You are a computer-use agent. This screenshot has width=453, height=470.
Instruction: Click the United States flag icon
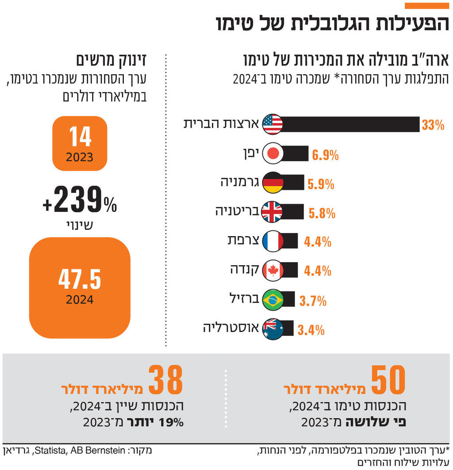(273, 124)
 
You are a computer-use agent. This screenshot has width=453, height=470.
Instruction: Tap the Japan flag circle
(273, 153)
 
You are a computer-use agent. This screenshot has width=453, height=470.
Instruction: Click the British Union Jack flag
(273, 212)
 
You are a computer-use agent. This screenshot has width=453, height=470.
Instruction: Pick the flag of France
(273, 241)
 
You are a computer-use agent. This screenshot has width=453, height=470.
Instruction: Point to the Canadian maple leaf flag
(273, 270)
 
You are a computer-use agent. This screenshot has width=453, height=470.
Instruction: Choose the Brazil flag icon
(273, 300)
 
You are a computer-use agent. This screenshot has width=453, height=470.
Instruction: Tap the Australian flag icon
(273, 329)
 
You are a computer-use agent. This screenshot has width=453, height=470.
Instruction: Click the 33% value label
(432, 125)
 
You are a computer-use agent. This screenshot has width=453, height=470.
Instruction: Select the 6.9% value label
(325, 155)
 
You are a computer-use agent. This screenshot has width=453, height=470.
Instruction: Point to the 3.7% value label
(313, 301)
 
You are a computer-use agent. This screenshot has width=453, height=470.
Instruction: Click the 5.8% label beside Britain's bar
(322, 214)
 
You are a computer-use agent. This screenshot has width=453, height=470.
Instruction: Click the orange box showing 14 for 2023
(80, 143)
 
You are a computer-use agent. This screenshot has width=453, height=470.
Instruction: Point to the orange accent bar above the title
(426, 6)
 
